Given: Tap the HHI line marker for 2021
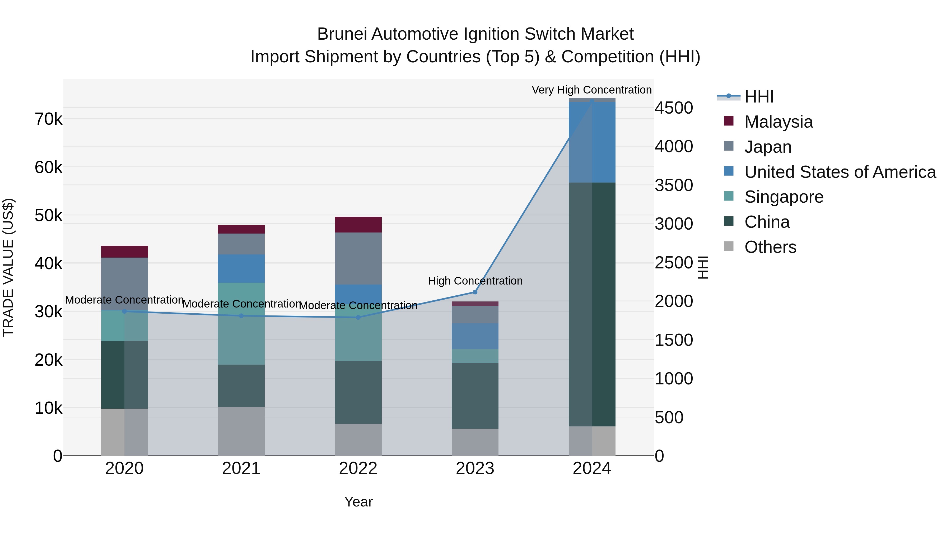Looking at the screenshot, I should click(x=241, y=316).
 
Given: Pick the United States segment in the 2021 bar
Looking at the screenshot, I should click(x=241, y=268).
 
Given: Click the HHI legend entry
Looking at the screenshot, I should click(x=759, y=97).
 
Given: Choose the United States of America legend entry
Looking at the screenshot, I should click(x=840, y=172).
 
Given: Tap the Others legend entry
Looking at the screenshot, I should click(x=770, y=247).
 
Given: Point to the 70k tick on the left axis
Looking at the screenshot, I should click(x=48, y=119).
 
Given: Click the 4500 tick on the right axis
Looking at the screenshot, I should click(x=674, y=108).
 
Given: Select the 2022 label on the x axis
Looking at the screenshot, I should click(x=358, y=468).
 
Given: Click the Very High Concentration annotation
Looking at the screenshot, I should click(x=591, y=90).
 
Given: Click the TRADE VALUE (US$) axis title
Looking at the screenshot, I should click(x=8, y=267).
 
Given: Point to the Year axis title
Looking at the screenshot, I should click(x=358, y=502).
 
